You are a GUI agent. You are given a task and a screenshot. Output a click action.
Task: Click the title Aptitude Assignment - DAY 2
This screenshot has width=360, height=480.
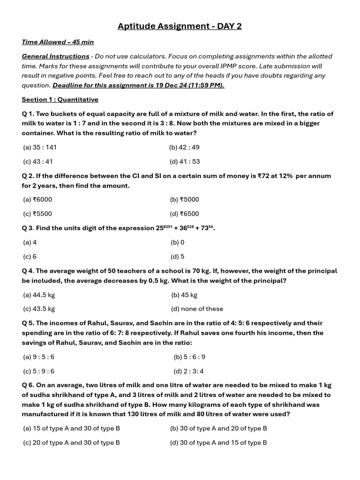[x=180, y=26]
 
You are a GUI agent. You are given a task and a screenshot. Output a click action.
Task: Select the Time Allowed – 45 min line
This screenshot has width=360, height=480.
[x=58, y=42]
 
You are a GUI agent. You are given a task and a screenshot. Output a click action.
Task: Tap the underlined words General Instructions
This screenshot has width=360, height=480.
[x=55, y=56]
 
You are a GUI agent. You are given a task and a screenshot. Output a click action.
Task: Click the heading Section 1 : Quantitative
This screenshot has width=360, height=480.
[x=60, y=99]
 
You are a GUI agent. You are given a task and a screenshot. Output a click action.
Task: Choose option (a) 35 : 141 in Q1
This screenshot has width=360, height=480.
[x=40, y=147]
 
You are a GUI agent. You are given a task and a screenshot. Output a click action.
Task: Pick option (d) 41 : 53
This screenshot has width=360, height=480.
[x=185, y=162]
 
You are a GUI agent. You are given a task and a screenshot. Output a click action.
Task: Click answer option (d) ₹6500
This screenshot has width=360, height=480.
[x=185, y=214]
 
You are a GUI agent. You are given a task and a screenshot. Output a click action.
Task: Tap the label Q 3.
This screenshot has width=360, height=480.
[x=28, y=228]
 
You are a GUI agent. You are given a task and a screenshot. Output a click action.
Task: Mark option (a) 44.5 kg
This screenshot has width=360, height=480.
[x=39, y=295]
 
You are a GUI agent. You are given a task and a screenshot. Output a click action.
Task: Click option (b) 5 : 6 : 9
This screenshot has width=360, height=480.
[x=189, y=357]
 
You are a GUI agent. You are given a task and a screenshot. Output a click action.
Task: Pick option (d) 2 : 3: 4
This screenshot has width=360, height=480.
[x=188, y=371]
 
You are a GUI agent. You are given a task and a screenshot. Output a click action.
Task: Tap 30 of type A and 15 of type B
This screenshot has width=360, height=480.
[x=218, y=442]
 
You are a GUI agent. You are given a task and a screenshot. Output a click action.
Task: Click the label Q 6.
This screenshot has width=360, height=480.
[x=28, y=385]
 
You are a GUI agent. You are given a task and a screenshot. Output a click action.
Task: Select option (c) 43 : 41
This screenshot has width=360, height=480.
[x=38, y=162]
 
